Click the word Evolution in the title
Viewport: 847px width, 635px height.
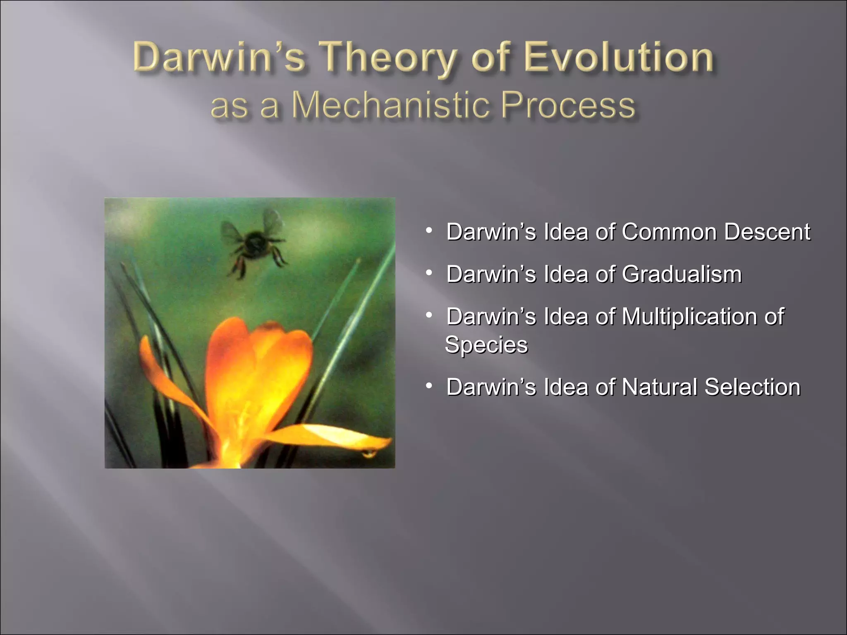point(619,58)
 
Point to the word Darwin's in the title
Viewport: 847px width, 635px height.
point(219,58)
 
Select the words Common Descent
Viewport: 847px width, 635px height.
point(715,232)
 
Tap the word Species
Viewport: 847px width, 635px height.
point(486,345)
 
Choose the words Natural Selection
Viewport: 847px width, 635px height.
point(711,387)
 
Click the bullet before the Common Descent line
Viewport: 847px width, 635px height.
point(429,229)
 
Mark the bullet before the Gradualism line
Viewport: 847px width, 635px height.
point(429,272)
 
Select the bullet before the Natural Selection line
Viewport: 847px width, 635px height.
point(429,386)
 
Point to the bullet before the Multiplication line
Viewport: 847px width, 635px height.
point(429,315)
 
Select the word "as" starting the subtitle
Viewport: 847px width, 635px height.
point(229,106)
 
